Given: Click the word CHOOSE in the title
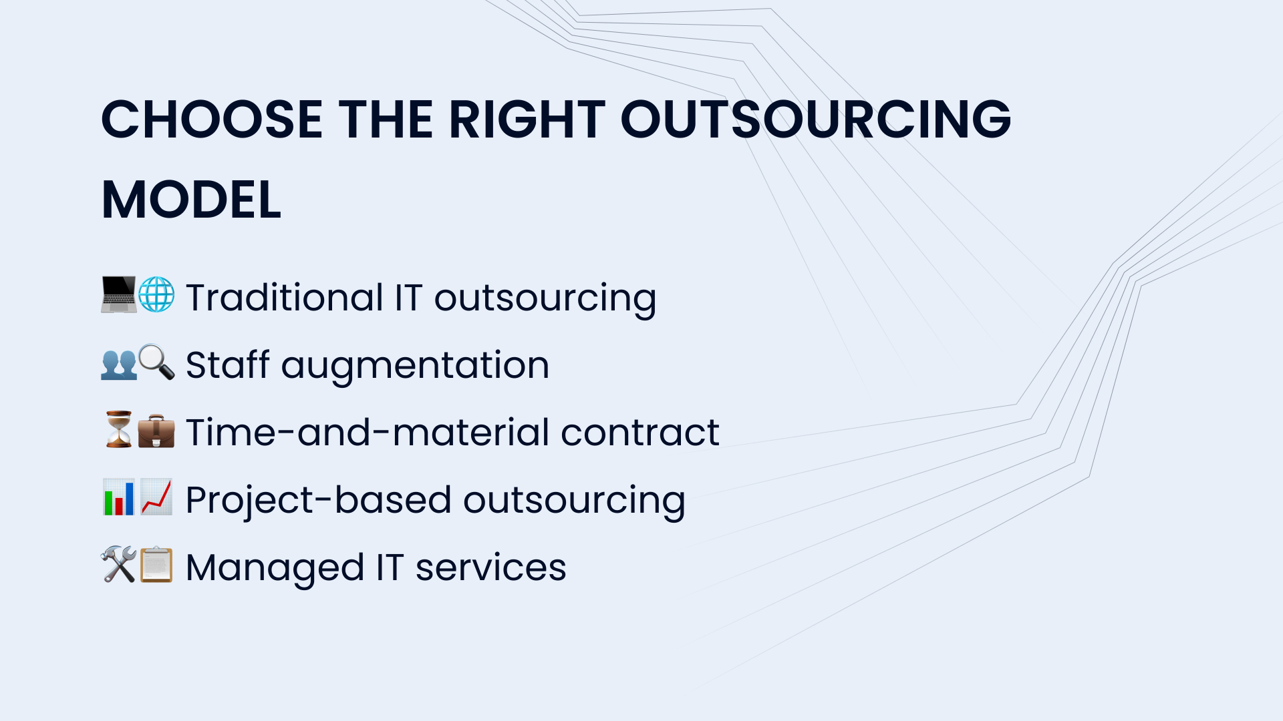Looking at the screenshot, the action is click(212, 119).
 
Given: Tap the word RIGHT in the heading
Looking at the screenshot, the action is click(527, 119).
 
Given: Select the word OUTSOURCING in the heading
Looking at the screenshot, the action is click(816, 119).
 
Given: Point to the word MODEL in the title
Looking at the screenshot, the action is click(191, 200).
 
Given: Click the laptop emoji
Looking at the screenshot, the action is click(118, 294).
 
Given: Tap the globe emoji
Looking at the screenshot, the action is click(156, 294).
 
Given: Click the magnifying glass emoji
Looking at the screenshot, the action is click(156, 363).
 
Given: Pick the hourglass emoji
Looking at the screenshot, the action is click(119, 429).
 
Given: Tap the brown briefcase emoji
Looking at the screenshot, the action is click(156, 431).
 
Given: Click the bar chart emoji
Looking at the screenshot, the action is click(119, 497).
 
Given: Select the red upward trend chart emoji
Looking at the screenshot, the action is click(156, 497).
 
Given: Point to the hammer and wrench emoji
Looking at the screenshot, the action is click(118, 564).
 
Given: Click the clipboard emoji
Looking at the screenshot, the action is click(156, 564).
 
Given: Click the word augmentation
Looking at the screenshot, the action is click(415, 366).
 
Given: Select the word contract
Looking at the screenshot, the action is click(640, 432).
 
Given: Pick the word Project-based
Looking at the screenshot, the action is click(317, 501).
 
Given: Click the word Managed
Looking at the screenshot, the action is click(275, 569).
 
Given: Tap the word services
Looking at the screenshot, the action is click(491, 568).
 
